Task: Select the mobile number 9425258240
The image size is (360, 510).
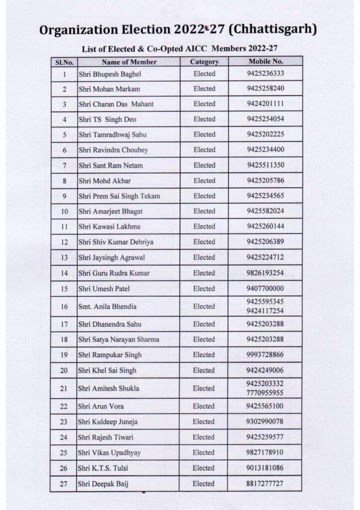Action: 265,89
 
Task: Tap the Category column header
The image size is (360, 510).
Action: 204,62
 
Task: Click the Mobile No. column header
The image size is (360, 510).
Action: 266,62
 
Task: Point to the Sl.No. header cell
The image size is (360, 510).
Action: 64,62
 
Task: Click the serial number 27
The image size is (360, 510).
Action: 64,484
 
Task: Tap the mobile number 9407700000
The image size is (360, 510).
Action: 265,288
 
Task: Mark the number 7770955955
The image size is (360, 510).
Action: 265,392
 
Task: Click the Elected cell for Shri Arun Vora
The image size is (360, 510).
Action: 204,406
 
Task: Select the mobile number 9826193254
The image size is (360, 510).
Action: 265,273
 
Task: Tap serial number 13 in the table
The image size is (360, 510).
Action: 64,257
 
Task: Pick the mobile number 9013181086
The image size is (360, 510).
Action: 265,468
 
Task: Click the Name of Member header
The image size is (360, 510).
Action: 129,62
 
